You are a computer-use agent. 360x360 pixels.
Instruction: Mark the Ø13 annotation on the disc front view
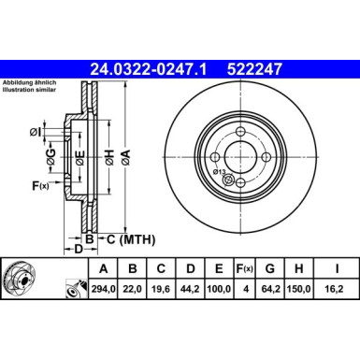coord(218,170)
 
